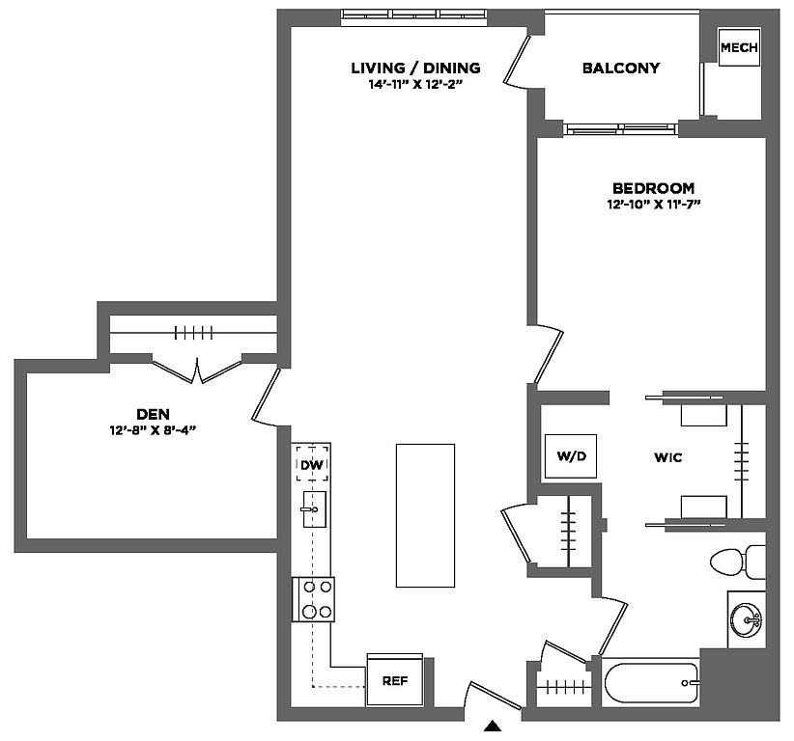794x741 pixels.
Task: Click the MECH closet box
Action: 739,47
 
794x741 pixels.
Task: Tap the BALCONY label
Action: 621,69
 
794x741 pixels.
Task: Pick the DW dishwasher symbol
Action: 311,464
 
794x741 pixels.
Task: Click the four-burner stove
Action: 314,598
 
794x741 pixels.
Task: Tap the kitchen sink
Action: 313,508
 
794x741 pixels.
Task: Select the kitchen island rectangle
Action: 425,515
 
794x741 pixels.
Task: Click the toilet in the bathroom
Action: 736,561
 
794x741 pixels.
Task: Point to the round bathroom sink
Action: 746,618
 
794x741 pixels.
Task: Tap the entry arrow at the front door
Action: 493,727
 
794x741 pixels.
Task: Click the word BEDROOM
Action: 653,188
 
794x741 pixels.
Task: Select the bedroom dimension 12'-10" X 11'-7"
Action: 653,205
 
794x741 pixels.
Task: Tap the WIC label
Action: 667,457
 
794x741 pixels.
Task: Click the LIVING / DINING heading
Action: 415,68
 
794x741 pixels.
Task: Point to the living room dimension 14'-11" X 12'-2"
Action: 415,84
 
